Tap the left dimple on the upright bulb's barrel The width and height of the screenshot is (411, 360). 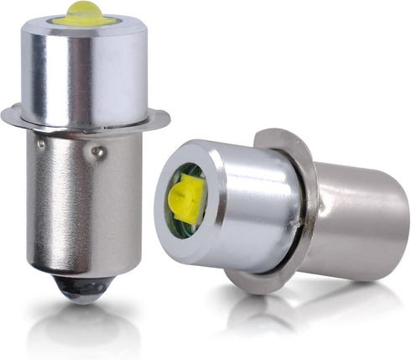(x=40, y=144)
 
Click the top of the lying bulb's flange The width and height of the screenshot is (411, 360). (x=273, y=136)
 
